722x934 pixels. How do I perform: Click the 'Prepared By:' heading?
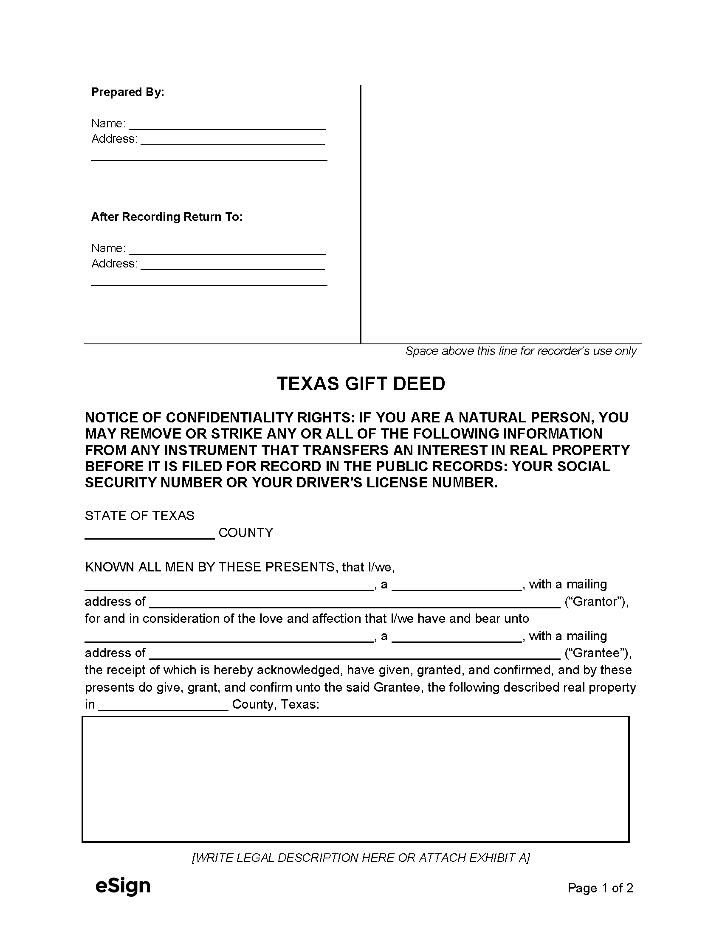tap(127, 93)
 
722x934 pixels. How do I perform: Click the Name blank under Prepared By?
tap(227, 124)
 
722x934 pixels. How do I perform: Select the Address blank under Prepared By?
tap(233, 140)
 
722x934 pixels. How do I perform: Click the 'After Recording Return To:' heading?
tap(167, 217)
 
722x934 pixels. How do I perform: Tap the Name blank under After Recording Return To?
tap(227, 249)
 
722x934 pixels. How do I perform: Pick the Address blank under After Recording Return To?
tap(233, 265)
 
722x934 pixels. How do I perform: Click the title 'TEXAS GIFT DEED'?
tap(361, 384)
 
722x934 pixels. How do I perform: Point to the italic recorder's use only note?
tap(521, 351)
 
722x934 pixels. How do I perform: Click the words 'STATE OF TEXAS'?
tap(139, 516)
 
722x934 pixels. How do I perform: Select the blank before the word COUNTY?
tap(149, 534)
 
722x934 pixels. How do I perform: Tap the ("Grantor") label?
tap(596, 602)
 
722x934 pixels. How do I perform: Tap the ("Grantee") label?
tap(598, 653)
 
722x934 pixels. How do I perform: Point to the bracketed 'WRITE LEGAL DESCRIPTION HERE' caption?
tap(361, 858)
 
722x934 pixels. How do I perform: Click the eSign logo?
tap(123, 886)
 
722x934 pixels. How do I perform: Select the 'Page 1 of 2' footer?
tap(600, 888)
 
